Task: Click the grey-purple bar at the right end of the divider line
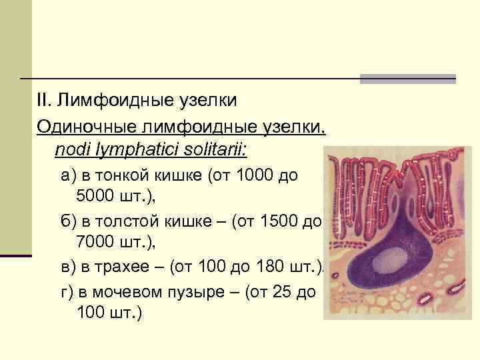click(407, 79)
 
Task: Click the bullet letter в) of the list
click(67, 267)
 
